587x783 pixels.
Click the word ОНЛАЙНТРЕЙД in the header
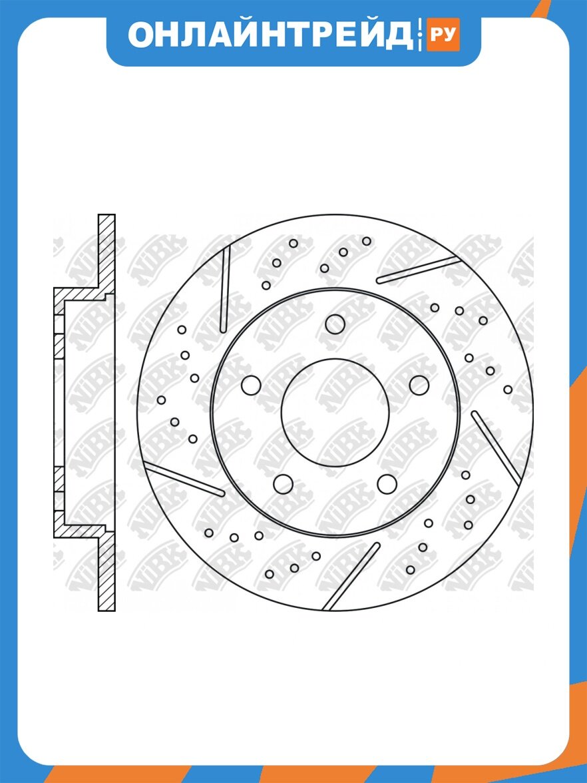(270, 35)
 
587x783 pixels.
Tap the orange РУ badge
(443, 35)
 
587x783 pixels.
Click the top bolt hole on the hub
(335, 324)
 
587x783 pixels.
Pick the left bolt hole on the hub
(251, 385)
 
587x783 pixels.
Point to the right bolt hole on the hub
(419, 385)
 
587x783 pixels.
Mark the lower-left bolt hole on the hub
(283, 484)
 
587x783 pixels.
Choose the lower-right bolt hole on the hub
(387, 484)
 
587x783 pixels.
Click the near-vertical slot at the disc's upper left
(225, 289)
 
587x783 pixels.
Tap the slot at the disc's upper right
(418, 270)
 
